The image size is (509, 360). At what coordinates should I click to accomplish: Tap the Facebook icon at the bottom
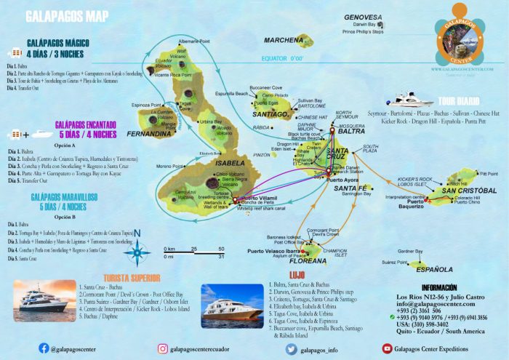click(44, 348)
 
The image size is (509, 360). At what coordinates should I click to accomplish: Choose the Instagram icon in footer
click(162, 349)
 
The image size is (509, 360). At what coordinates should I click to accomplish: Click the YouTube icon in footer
click(388, 349)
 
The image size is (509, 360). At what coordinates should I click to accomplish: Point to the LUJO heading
click(277, 276)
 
